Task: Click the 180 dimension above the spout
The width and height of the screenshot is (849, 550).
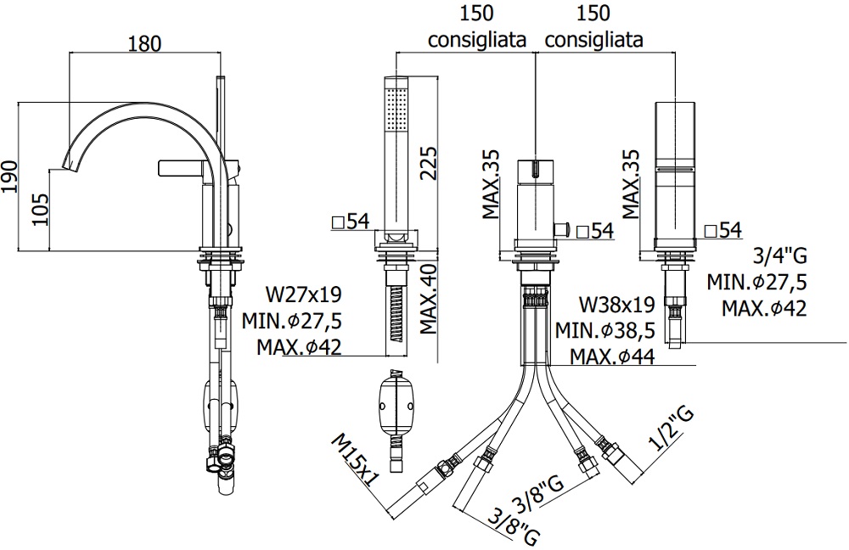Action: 143,43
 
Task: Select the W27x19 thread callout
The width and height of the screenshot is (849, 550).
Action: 304,295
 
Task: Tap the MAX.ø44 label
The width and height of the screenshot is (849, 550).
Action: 611,356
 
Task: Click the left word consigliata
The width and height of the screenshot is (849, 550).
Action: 477,40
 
